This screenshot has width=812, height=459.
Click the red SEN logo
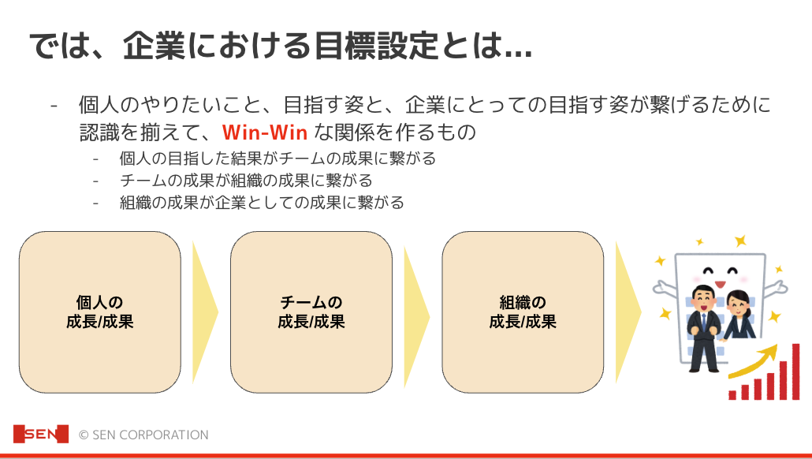(x=40, y=434)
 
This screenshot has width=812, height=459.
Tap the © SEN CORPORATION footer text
(x=143, y=435)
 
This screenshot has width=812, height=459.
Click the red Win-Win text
(x=265, y=132)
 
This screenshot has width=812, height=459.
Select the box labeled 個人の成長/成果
(x=100, y=312)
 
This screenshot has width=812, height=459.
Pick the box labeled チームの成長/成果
(x=311, y=312)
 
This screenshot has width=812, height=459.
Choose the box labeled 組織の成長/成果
(x=523, y=312)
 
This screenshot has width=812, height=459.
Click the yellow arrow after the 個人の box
(x=205, y=312)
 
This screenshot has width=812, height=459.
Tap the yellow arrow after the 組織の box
(x=628, y=312)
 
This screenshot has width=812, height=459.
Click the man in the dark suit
(x=703, y=328)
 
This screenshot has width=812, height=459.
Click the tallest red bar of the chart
(x=796, y=371)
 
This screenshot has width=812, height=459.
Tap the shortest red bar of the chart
(x=732, y=395)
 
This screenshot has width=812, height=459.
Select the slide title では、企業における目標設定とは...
(x=281, y=46)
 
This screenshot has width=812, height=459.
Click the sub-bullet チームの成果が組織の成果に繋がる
(x=246, y=181)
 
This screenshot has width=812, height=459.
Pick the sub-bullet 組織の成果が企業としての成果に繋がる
(x=262, y=202)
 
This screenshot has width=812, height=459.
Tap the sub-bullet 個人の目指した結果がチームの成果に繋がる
(x=277, y=158)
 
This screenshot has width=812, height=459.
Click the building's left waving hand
(x=664, y=288)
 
